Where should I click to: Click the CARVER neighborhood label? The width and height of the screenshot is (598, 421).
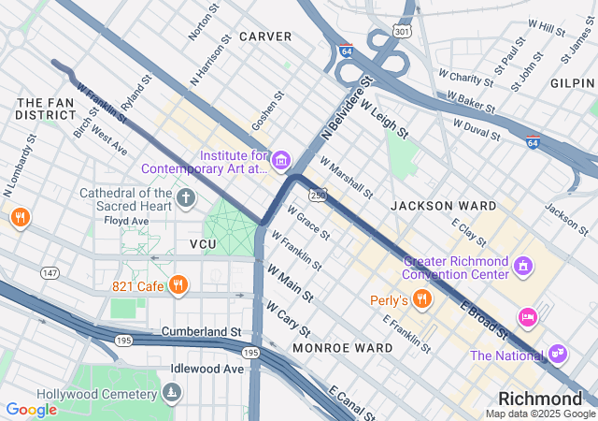(x=265, y=36)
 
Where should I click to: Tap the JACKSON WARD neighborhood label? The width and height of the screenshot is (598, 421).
(x=444, y=205)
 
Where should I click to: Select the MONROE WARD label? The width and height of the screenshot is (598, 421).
(x=342, y=348)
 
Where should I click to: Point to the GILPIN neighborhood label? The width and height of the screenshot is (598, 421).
(x=573, y=83)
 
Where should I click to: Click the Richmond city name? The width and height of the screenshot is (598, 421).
(x=540, y=399)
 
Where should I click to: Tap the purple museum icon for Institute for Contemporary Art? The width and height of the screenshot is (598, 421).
(x=280, y=162)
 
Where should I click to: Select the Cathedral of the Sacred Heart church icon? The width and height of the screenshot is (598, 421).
(x=186, y=198)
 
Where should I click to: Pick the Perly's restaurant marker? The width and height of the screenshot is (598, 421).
(x=422, y=300)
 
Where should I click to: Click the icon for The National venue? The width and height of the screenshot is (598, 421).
(x=558, y=355)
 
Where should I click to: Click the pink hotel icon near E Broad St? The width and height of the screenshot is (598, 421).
(x=528, y=318)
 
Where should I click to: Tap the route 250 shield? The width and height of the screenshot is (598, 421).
(x=320, y=194)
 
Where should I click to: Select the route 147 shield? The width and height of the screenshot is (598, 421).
(x=50, y=272)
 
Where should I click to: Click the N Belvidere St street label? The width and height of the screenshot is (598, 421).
(x=345, y=109)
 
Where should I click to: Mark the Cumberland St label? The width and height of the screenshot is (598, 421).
(x=201, y=332)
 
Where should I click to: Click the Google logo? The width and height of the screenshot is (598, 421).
(x=31, y=410)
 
